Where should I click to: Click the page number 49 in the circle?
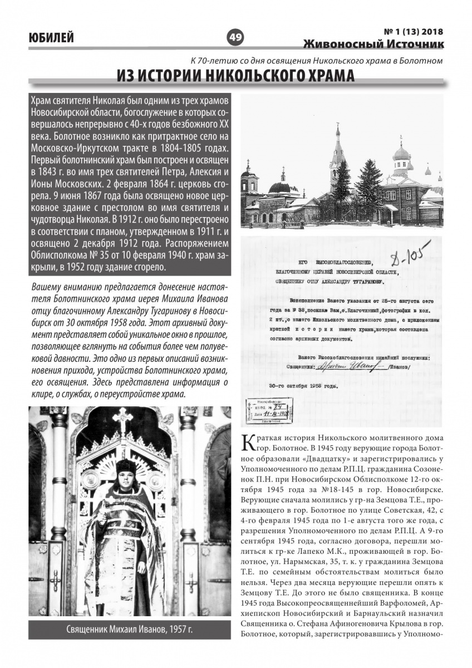click(x=235, y=37)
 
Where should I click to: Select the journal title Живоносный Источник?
click(x=374, y=43)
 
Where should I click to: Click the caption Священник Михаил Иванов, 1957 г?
click(x=129, y=630)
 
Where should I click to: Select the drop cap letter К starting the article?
click(x=248, y=442)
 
